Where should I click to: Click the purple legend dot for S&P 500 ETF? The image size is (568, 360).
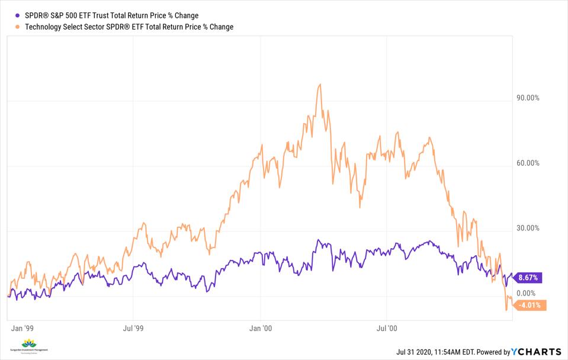click(x=18, y=15)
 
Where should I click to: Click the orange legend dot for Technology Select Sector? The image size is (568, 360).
click(x=18, y=27)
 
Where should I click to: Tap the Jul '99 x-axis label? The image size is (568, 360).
click(x=134, y=327)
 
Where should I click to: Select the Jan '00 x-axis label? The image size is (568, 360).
click(x=261, y=327)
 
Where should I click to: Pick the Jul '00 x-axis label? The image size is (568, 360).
click(x=386, y=327)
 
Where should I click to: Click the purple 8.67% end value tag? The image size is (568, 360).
click(x=530, y=277)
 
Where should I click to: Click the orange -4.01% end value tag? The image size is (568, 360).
click(x=531, y=306)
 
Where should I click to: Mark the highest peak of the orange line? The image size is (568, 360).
click(x=319, y=84)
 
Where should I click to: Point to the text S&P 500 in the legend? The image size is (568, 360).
click(x=65, y=15)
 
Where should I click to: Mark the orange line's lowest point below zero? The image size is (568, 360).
click(x=506, y=310)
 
